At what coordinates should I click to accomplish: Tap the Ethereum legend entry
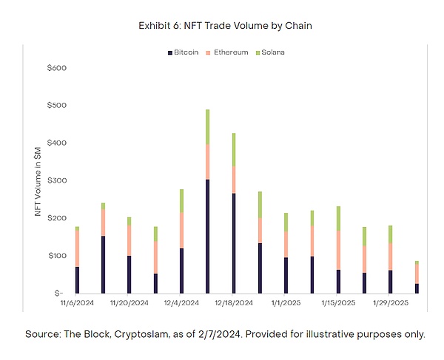(x=230, y=52)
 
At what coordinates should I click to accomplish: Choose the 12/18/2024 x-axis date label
(x=233, y=303)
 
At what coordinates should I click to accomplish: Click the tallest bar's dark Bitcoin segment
(x=207, y=237)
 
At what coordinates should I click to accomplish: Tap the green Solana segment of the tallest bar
(x=207, y=126)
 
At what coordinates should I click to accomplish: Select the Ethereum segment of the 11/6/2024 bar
(x=77, y=248)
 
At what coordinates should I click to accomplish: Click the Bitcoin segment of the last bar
(x=417, y=288)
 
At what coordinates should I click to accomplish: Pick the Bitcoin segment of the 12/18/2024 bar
(x=234, y=243)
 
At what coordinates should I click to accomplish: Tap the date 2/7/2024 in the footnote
(x=213, y=334)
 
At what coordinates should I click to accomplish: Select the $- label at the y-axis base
(x=58, y=293)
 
